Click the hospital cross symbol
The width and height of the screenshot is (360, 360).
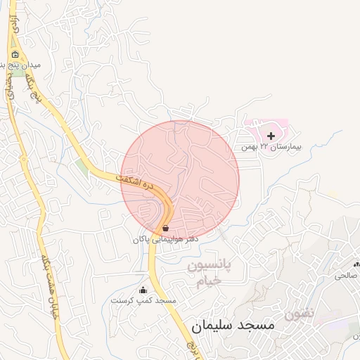coord(271,134)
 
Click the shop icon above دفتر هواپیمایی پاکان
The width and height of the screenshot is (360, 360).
coord(165,229)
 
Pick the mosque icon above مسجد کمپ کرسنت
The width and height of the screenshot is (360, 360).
coord(143,290)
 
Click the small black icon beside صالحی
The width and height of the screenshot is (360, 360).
coord(356,264)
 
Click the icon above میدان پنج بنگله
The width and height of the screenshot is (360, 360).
coord(15,53)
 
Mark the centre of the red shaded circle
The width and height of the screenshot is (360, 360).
coord(180,180)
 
